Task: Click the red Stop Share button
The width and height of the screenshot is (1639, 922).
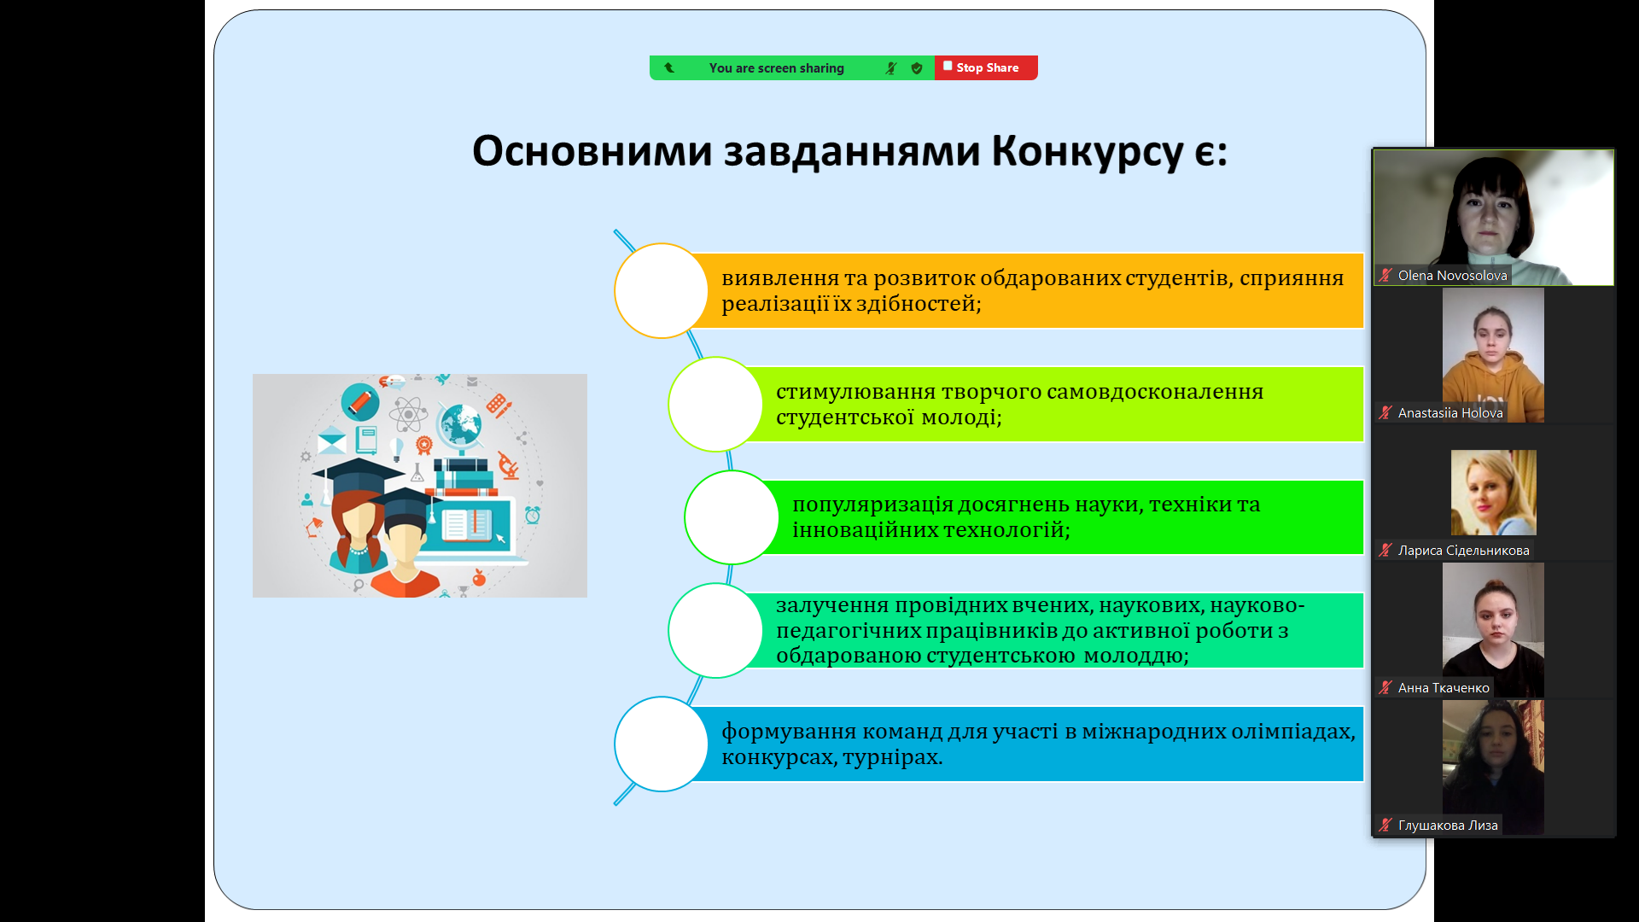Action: coord(986,67)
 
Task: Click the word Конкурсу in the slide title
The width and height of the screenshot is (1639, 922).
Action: coord(1087,152)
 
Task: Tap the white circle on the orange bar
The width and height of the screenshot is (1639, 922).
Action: coord(661,290)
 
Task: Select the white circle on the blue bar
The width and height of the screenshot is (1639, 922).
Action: coord(661,744)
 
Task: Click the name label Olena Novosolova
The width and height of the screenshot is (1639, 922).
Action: coord(1452,276)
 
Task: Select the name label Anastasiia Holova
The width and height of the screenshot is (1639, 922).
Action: coord(1450,413)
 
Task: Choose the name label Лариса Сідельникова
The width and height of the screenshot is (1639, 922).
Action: coord(1463,551)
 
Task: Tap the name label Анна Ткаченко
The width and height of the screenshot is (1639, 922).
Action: coord(1444,688)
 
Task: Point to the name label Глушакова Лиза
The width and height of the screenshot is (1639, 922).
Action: coord(1448,826)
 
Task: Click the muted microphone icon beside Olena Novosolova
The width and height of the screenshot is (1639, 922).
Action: coord(1385,275)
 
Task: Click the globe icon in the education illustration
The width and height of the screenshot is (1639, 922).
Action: coord(461,424)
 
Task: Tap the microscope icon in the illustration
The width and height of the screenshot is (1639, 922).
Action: coord(508,465)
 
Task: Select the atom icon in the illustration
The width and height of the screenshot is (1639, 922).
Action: coord(408,415)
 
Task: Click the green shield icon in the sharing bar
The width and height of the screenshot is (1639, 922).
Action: coord(917,68)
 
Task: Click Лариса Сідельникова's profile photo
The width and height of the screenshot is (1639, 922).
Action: coord(1493,493)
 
